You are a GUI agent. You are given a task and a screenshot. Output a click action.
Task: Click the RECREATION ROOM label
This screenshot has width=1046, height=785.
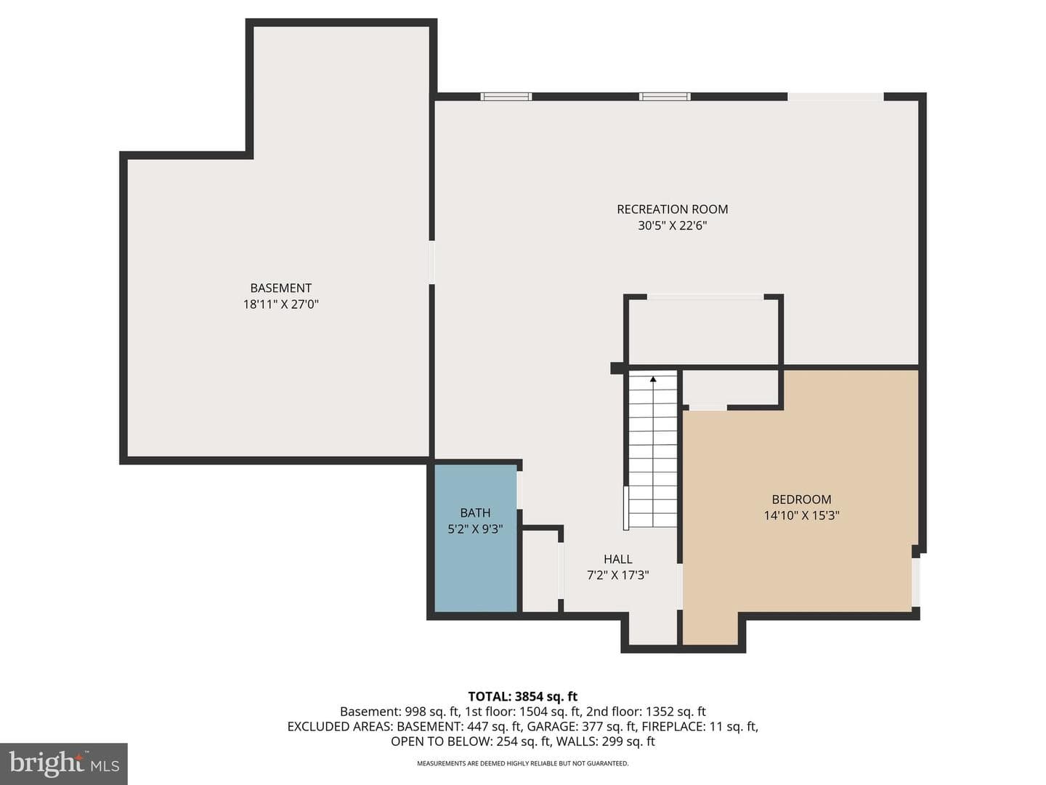tap(672, 209)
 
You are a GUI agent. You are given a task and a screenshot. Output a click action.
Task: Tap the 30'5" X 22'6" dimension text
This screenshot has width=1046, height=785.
tap(672, 225)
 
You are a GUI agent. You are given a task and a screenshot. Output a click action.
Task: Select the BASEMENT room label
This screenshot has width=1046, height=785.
tap(280, 288)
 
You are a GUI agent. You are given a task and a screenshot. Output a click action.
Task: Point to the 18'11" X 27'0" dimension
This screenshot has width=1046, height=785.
tap(280, 304)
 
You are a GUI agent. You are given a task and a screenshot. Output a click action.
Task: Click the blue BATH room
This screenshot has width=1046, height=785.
tap(475, 538)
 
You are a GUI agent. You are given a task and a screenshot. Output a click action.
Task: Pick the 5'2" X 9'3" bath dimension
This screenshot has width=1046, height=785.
tap(475, 529)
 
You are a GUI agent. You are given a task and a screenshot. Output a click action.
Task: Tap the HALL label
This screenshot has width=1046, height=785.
tap(617, 559)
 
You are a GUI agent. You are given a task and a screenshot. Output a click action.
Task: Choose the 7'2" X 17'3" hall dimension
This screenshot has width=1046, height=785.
tap(617, 575)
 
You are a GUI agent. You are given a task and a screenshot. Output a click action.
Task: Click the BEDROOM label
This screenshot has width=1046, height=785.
tap(801, 499)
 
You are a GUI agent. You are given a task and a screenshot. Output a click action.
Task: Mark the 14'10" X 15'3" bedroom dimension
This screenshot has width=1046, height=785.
tap(801, 515)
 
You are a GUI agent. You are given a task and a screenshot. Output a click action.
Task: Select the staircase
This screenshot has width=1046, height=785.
tap(653, 449)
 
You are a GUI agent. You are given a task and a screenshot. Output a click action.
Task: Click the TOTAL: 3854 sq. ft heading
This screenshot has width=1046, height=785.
tap(523, 696)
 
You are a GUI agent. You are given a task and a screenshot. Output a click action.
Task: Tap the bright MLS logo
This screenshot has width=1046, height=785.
tap(63, 763)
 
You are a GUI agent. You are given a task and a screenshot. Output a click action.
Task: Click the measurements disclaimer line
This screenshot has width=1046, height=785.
tap(523, 763)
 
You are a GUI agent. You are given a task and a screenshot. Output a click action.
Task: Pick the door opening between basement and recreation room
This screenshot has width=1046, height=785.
tap(431, 262)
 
